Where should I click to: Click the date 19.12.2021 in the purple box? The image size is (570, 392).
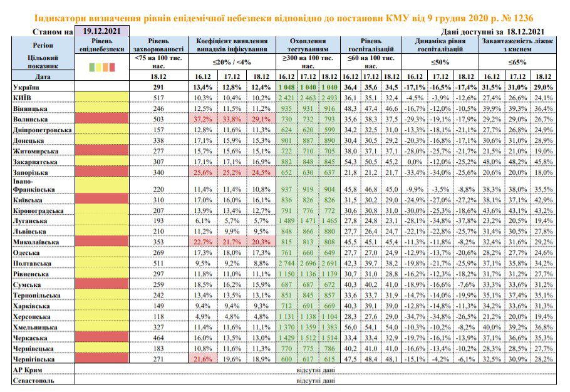coord(101,31)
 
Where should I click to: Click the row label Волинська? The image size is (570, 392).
coord(30,119)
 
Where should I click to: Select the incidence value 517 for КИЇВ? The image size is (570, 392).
coord(158,98)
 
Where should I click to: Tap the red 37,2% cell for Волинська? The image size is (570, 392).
coord(203,119)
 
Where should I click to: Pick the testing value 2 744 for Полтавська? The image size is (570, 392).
coord(286,264)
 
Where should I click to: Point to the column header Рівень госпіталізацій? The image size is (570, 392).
coord(371,45)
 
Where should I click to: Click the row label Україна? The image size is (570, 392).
coord(26,87)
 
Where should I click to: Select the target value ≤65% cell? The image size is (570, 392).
coord(517,62)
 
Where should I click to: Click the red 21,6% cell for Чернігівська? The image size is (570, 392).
coord(203,359)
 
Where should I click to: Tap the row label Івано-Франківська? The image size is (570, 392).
coord(29,185)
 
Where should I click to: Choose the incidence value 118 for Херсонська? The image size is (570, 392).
coord(158,316)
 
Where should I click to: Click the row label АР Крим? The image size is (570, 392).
coord(28,370)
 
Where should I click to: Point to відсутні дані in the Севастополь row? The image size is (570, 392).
coord(316,380)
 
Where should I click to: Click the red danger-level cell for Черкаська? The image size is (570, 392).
coord(101,338)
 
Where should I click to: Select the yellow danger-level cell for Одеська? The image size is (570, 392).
coord(101,253)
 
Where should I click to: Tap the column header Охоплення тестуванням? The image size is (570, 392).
coord(308,45)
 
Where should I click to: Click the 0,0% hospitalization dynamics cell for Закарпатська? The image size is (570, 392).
coord(415,162)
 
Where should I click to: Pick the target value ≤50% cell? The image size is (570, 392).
coord(440,62)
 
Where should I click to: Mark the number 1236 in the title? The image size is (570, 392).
coord(523,18)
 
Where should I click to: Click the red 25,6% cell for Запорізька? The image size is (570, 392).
coord(203,172)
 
